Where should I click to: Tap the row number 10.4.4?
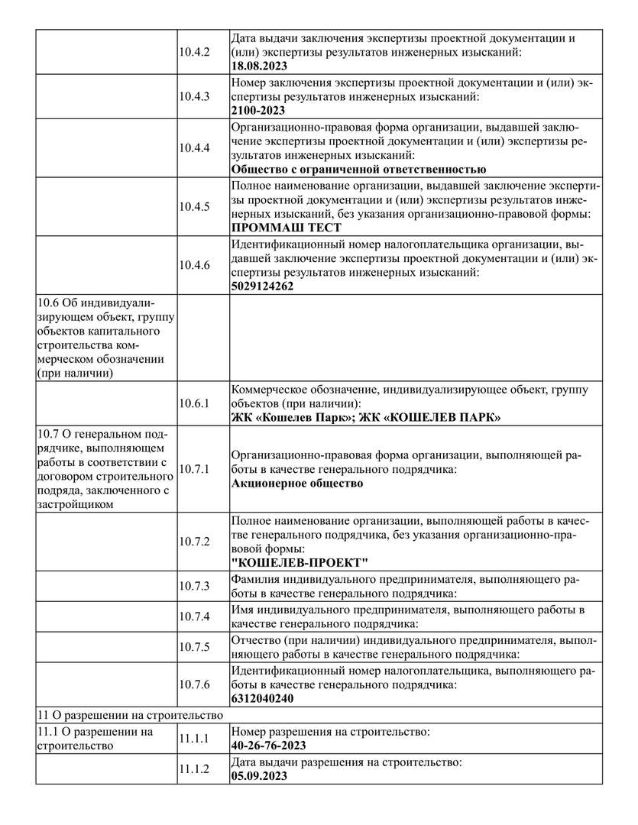coord(194,147)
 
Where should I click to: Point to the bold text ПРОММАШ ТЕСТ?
coord(286,228)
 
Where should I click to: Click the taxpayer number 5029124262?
coord(262,286)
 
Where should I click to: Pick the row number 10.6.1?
coord(194,403)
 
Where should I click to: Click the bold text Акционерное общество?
coord(296,484)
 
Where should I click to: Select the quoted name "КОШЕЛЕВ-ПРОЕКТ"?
coord(300,563)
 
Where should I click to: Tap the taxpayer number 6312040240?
coord(262,698)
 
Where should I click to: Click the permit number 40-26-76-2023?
coord(268,745)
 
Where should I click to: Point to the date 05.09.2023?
coord(259,775)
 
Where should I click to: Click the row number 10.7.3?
coord(194,586)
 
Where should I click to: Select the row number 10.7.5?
coord(194,647)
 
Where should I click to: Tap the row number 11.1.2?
coord(194,769)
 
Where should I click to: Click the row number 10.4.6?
coord(194,265)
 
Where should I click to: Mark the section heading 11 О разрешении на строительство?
coord(130,716)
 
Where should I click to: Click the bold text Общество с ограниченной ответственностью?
coord(358,169)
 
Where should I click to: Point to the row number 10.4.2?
coord(194,52)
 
